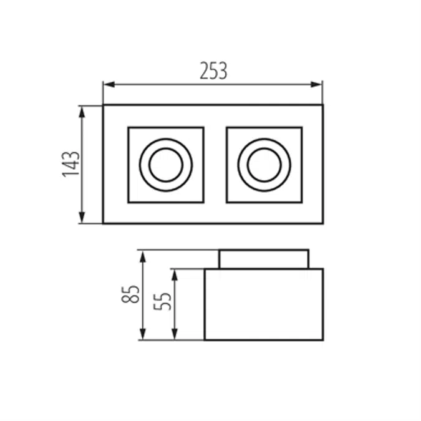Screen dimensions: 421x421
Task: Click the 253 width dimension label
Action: [x=213, y=70]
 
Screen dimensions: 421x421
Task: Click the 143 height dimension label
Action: [x=71, y=164]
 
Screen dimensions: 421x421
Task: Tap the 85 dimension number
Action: [x=130, y=294]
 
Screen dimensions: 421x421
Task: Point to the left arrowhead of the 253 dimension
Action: [x=107, y=84]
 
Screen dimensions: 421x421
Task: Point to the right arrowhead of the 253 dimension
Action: [x=319, y=84]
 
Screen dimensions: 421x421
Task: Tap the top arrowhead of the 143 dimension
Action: [x=82, y=110]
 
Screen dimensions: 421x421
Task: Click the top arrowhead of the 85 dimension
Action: [x=142, y=255]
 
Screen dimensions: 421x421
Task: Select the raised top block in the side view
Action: [x=264, y=259]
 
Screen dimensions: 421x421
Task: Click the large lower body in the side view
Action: [x=264, y=304]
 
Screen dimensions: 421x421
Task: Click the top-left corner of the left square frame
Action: [x=128, y=128]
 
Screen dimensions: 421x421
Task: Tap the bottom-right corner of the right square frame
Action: [x=302, y=202]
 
